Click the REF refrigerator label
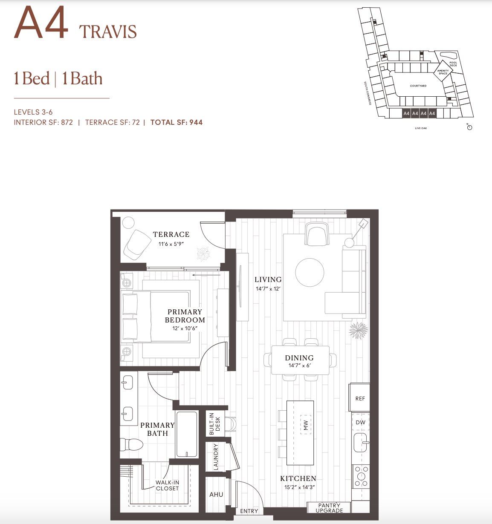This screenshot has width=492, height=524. pyautogui.click(x=360, y=399)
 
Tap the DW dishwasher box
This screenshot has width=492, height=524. pyautogui.click(x=360, y=423)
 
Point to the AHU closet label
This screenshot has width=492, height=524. pyautogui.click(x=216, y=495)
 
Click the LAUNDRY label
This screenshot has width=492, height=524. pyautogui.click(x=216, y=457)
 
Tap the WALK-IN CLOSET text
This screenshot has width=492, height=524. pyautogui.click(x=167, y=485)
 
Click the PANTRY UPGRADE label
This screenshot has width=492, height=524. pyautogui.click(x=329, y=508)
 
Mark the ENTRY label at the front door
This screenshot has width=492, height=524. pyautogui.click(x=249, y=511)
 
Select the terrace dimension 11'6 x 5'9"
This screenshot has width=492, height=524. pyautogui.click(x=171, y=244)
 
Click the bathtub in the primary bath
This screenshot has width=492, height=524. pyautogui.click(x=187, y=434)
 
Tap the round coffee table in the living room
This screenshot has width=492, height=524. pyautogui.click(x=310, y=273)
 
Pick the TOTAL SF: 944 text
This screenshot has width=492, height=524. pyautogui.click(x=177, y=123)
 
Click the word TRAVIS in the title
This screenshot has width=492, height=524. pyautogui.click(x=108, y=32)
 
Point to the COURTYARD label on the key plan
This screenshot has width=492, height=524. pyautogui.click(x=418, y=86)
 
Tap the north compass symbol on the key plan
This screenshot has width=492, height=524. pyautogui.click(x=469, y=127)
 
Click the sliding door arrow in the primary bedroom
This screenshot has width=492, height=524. pyautogui.click(x=206, y=275)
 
